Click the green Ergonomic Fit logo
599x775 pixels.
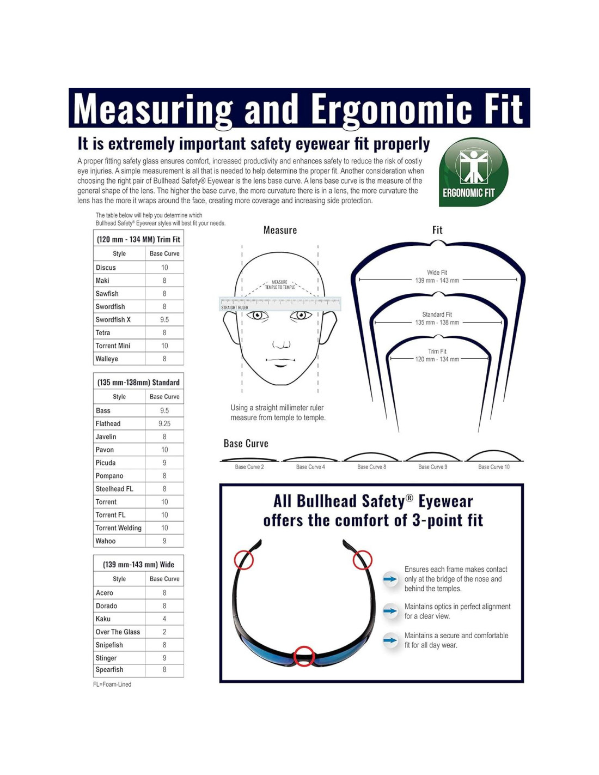(473, 172)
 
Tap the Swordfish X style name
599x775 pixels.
(113, 320)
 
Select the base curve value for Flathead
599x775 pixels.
(164, 423)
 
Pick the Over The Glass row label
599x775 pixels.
(118, 632)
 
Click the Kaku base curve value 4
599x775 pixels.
(164, 619)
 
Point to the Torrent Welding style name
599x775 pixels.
(118, 528)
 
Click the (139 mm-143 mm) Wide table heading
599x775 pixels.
(138, 565)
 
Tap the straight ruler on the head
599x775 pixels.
(280, 304)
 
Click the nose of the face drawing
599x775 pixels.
(282, 344)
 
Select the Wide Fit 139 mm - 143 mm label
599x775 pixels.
(437, 277)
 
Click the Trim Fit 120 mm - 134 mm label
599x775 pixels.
(437, 355)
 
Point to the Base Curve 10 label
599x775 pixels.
(494, 467)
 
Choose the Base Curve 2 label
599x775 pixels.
(249, 467)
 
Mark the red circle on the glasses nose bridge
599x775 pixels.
(304, 656)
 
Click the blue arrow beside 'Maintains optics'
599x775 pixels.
(390, 611)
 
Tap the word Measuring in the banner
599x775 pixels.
(153, 109)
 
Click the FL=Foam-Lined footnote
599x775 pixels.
(112, 685)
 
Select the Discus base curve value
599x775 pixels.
(164, 268)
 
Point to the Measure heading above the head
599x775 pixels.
(280, 231)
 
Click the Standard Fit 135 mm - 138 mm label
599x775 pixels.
(437, 319)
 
